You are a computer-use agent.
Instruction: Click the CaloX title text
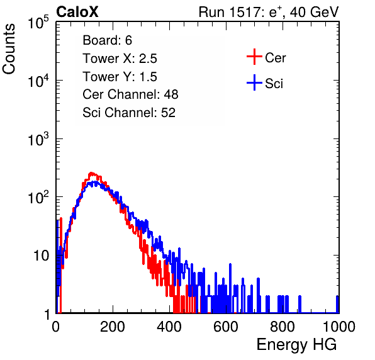coord(77,12)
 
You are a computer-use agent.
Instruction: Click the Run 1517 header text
coord(269,12)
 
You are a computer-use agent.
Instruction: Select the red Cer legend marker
coord(254,57)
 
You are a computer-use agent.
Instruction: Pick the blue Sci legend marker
coord(254,83)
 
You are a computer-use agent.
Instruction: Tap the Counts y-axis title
coord(9,49)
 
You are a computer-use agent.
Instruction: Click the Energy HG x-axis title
coord(296,345)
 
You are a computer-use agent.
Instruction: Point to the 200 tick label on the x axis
coord(113,327)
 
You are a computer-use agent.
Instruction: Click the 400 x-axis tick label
coord(169,327)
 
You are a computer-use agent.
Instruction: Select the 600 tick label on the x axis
coord(226,327)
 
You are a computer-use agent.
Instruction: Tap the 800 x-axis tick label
coord(283,327)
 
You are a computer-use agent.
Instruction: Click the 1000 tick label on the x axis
coord(339,327)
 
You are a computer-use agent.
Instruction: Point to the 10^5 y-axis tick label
coord(38,23)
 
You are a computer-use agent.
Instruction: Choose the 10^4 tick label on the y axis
coord(38,81)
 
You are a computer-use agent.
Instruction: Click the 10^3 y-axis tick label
coord(38,139)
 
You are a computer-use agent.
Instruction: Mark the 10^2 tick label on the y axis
coord(38,198)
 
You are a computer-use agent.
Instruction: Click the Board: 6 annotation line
coord(107,40)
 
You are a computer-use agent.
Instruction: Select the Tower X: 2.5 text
coord(120,59)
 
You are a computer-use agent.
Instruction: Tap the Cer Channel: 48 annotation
coord(130,94)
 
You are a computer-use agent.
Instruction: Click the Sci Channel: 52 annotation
coord(129,113)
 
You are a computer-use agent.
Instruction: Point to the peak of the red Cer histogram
coord(91,172)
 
